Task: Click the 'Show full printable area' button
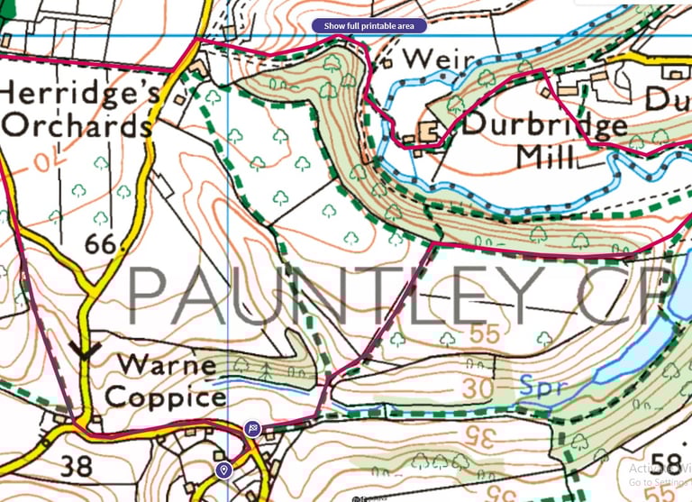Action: pyautogui.click(x=369, y=26)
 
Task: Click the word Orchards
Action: pyautogui.click(x=77, y=125)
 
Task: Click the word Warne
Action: pyautogui.click(x=167, y=366)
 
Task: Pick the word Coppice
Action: pyautogui.click(x=166, y=396)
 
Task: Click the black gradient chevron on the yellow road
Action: pyautogui.click(x=86, y=351)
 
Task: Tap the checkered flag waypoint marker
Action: pyautogui.click(x=253, y=429)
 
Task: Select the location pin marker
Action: pyautogui.click(x=223, y=470)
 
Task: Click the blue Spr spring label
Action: pyautogui.click(x=545, y=387)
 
